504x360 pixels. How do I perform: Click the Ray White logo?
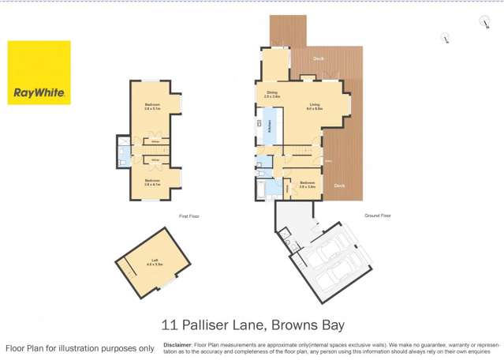[x=39, y=73]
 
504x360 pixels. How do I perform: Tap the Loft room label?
[x=155, y=262]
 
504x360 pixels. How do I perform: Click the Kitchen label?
[x=270, y=126]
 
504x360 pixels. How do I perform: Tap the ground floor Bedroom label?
[x=307, y=185]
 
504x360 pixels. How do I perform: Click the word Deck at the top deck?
[x=318, y=58]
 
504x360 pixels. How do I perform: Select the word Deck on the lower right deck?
[x=339, y=186]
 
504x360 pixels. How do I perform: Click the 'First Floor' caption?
[x=189, y=216]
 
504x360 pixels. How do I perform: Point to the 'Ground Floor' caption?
[x=378, y=215]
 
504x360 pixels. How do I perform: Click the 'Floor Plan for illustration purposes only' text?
[x=80, y=348]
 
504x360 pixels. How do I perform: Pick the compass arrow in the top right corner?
[x=484, y=22]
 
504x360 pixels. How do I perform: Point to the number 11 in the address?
[x=169, y=324]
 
